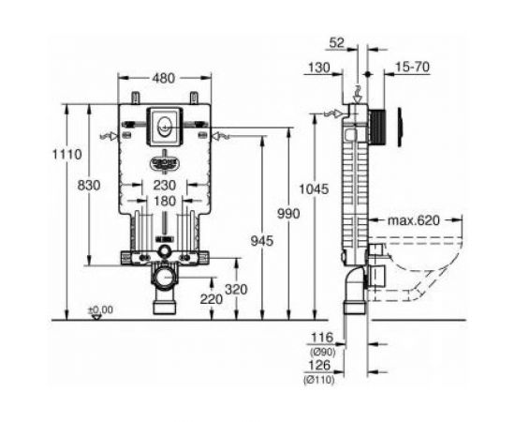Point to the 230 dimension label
point(164,186)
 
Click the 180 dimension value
point(164,202)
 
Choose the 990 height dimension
point(287,215)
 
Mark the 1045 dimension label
point(315,188)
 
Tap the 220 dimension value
point(212,299)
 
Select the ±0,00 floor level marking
point(100,309)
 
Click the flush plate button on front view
point(164,123)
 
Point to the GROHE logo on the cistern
point(164,160)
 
